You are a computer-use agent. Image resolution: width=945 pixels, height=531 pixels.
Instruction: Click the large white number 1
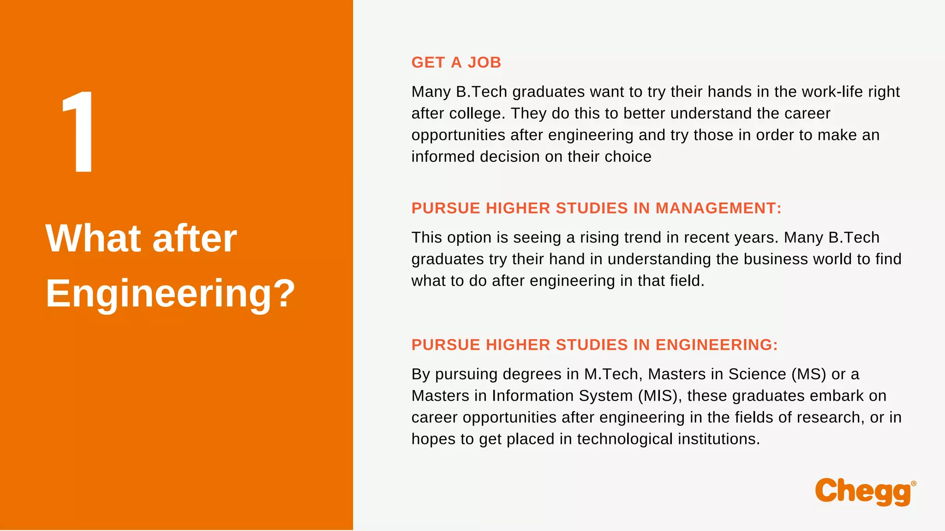pyautogui.click(x=79, y=132)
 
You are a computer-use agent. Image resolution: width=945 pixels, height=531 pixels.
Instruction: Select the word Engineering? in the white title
pyautogui.click(x=170, y=294)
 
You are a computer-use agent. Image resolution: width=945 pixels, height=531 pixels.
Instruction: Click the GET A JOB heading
pyautogui.click(x=456, y=62)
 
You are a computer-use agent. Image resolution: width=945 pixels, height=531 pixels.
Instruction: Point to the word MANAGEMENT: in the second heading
pyautogui.click(x=718, y=208)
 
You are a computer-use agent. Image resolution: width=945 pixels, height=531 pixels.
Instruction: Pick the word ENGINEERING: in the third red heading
pyautogui.click(x=717, y=345)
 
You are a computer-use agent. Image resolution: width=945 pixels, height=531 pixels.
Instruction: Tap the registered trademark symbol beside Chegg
pyautogui.click(x=914, y=484)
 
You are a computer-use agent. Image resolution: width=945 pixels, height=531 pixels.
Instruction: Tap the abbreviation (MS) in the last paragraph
pyautogui.click(x=808, y=374)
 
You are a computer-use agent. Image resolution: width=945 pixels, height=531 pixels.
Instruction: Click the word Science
pyautogui.click(x=757, y=374)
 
